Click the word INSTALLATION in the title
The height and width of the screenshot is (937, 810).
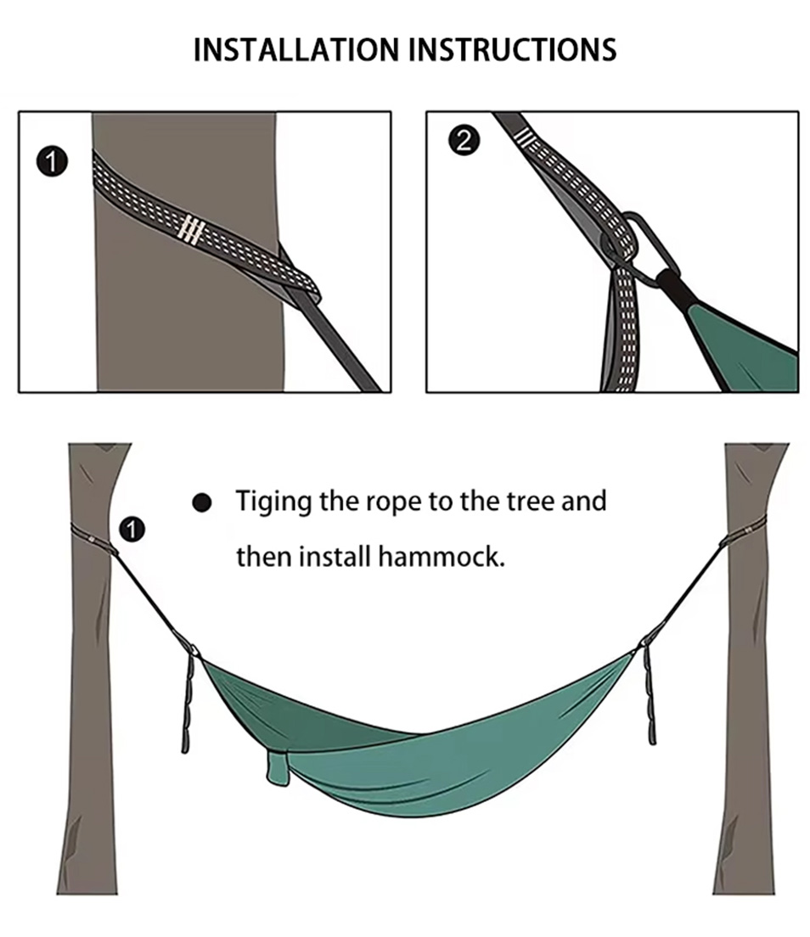[296, 49]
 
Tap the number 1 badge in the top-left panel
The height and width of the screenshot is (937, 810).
[53, 162]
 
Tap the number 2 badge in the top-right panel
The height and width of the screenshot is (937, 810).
[464, 141]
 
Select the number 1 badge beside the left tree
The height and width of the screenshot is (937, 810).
[132, 530]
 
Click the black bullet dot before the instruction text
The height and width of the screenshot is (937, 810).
[202, 502]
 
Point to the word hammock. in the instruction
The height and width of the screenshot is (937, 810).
[442, 557]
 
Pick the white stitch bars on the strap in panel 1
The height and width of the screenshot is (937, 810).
[191, 229]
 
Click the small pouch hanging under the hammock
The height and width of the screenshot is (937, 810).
[278, 768]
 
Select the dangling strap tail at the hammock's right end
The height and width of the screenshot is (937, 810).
[650, 695]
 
